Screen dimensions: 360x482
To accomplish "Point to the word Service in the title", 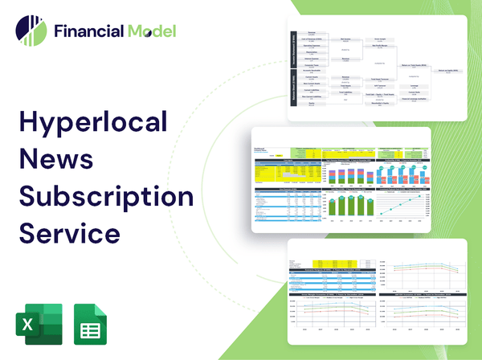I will pyautogui.click(x=70, y=233).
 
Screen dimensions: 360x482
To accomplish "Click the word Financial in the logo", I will pyautogui.click(x=88, y=32).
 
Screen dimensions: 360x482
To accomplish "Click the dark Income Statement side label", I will pyautogui.click(x=293, y=52).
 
